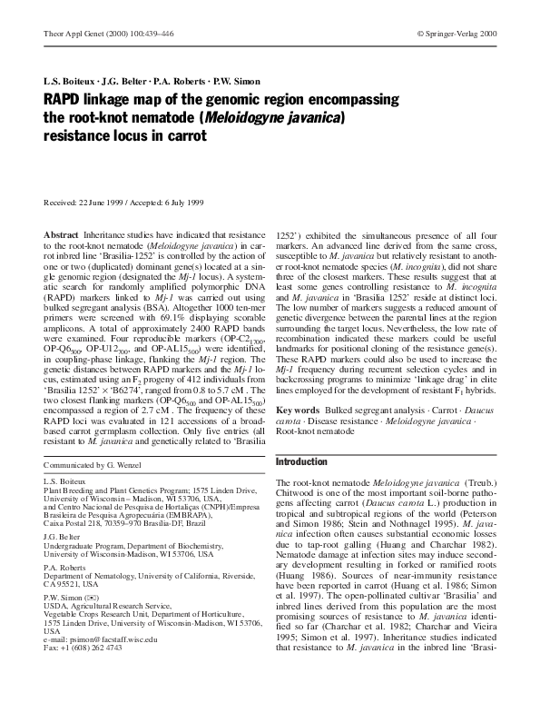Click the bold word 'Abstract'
(62, 234)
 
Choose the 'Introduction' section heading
(305, 461)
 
